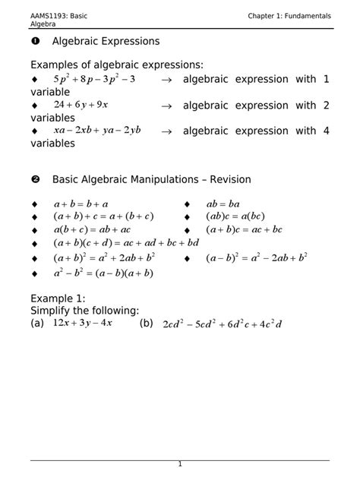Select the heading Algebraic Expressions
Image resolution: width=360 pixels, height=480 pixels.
106,41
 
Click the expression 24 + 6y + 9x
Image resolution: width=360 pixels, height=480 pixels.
81,105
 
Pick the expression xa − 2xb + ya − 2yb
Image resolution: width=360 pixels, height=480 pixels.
96,131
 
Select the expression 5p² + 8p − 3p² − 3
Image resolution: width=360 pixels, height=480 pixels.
93,79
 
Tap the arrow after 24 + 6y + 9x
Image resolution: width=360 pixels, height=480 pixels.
166,106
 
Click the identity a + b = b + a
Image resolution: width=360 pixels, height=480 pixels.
81,204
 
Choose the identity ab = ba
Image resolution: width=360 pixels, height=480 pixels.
223,204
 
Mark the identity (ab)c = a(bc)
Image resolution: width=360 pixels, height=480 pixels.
235,216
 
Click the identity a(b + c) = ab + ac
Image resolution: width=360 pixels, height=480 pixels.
92,229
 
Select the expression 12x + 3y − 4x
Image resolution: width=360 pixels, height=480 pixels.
82,324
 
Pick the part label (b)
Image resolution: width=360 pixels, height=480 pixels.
147,324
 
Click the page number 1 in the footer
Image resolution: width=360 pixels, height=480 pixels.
180,464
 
